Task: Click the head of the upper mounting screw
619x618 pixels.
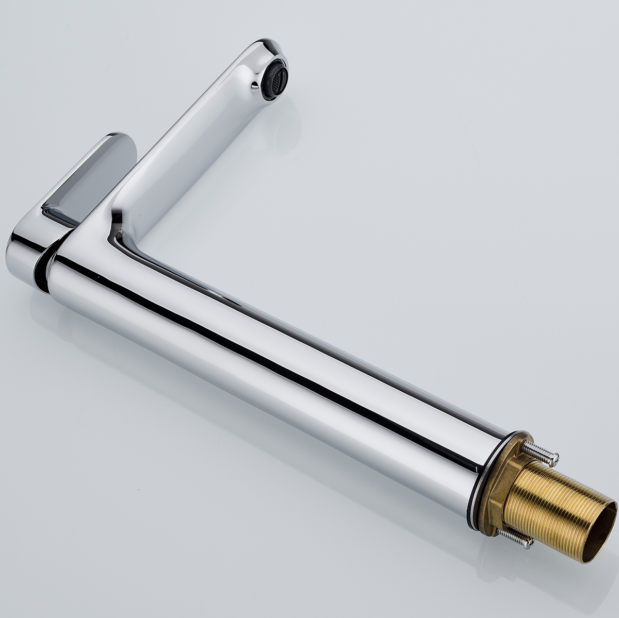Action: coord(555,457)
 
